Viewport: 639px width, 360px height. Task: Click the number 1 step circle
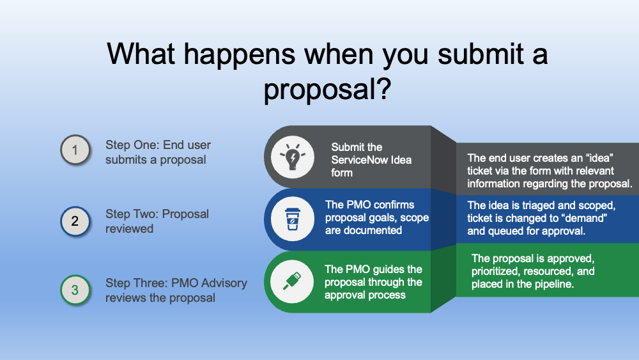pos(75,150)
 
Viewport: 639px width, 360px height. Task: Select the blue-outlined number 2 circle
pos(75,221)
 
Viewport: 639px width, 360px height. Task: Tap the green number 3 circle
pos(75,290)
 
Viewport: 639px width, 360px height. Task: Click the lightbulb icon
pos(293,157)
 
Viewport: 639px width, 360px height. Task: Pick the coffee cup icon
pos(293,219)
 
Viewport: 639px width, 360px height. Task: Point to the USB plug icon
pos(293,281)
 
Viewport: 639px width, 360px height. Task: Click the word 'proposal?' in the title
pos(327,90)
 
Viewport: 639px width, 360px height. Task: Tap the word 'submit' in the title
pos(481,54)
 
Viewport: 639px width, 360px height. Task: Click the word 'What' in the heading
pos(141,54)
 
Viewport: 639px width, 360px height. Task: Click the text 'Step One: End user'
pos(158,145)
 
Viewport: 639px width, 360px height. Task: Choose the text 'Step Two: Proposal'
pos(157,214)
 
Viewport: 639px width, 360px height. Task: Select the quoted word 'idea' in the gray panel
pos(599,158)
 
